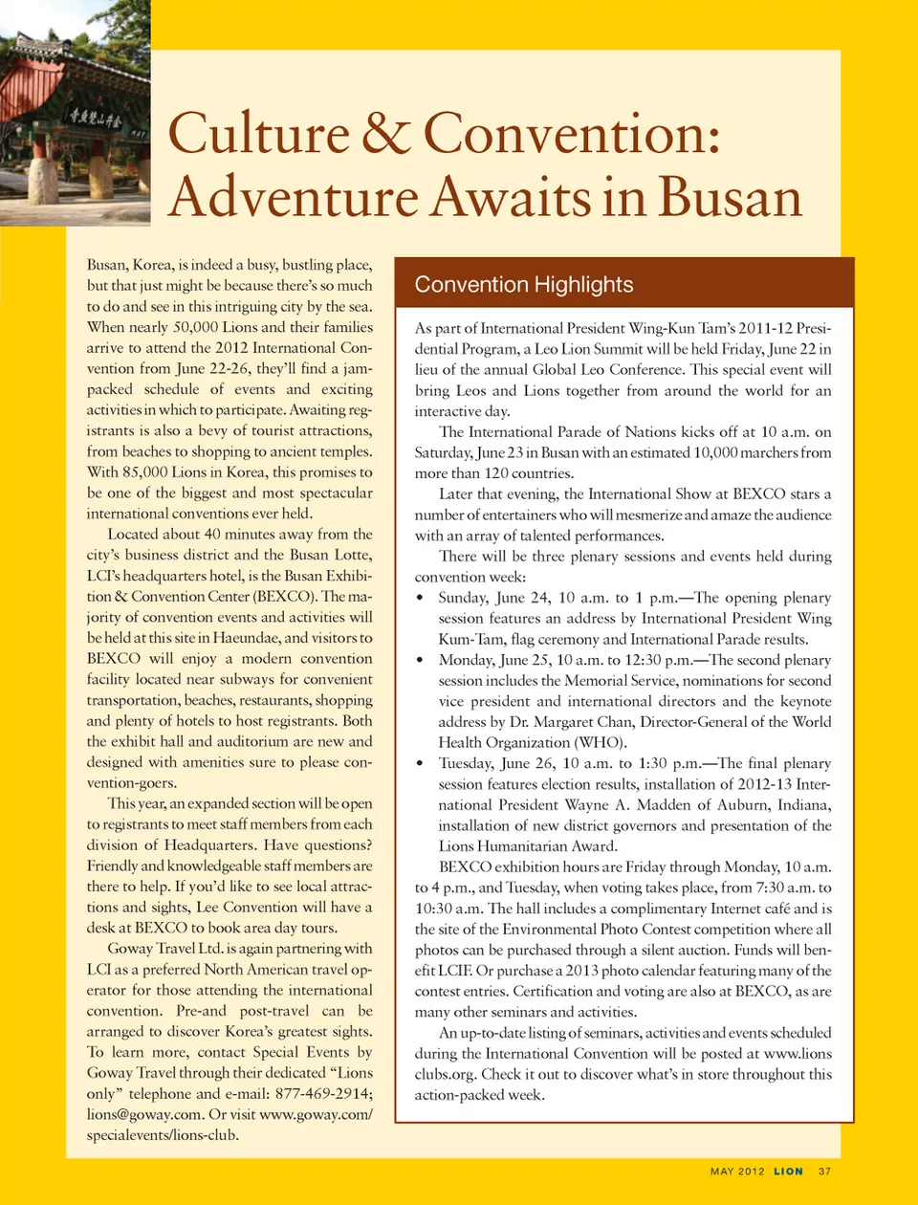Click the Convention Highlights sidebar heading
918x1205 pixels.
[524, 284]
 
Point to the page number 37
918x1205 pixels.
[824, 1172]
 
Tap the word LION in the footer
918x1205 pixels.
[789, 1172]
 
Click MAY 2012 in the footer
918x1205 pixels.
[737, 1172]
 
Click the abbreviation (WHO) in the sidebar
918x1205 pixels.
[601, 742]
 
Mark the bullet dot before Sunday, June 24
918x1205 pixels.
[421, 598]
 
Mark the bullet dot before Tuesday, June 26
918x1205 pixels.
[421, 763]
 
